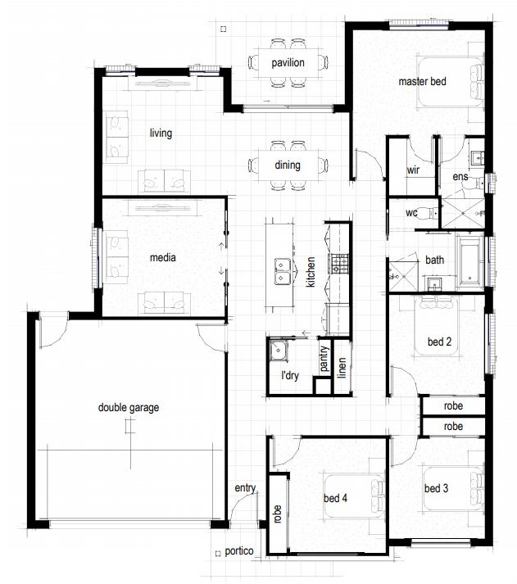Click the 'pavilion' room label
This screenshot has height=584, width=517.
pos(288,63)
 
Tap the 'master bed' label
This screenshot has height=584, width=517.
pos(422,81)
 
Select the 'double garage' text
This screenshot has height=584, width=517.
pos(129,408)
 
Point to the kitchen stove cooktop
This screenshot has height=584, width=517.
pos(338,263)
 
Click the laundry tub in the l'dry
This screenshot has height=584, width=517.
pos(279,350)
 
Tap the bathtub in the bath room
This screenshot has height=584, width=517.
pos(470,263)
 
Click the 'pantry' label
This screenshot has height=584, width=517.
pos(324,359)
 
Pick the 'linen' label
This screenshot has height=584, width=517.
pos(342,368)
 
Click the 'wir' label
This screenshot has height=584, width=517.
pos(413,170)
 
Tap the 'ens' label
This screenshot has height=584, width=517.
pos(460,177)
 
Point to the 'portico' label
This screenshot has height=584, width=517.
pos(239,551)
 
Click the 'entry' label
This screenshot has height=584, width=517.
pos(245,488)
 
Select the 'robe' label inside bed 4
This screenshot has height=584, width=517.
pos(277,514)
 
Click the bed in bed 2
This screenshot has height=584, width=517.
pos(437,326)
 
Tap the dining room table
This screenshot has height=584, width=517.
pos(288,165)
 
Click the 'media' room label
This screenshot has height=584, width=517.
pos(163,257)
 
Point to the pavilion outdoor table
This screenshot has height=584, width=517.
pos(288,63)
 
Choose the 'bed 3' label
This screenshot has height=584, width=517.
pos(436,488)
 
